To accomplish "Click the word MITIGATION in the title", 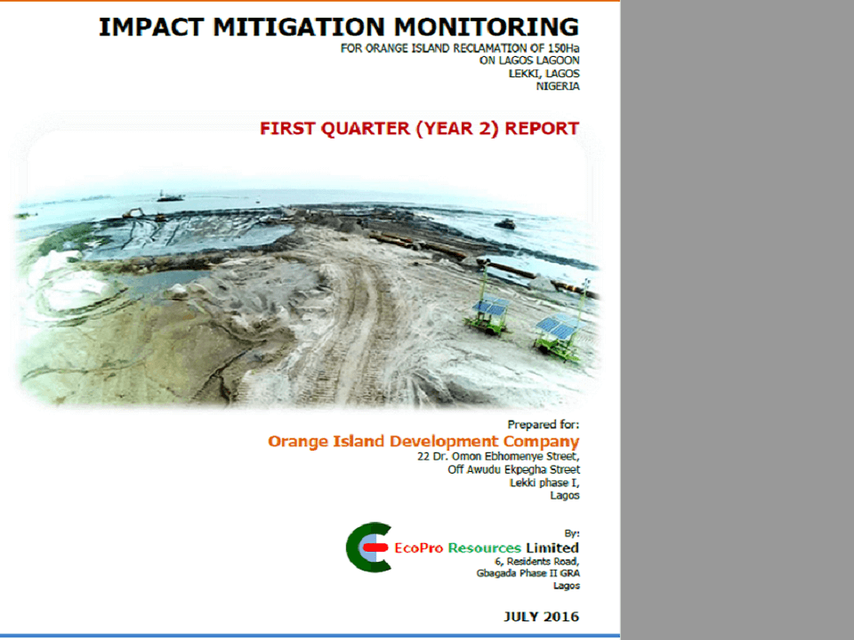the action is [x=299, y=28].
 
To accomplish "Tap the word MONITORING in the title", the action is [x=487, y=28].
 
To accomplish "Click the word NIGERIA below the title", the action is [x=558, y=86].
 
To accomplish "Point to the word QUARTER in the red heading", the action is [x=365, y=128].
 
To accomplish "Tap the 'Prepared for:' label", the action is [x=543, y=425].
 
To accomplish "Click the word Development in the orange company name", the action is [x=444, y=442].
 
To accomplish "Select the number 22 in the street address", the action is [x=423, y=456].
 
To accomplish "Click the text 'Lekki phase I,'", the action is [x=544, y=483].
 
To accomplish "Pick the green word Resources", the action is [x=484, y=548].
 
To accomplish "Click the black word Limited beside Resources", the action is [x=552, y=548].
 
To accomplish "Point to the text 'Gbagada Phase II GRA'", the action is [x=528, y=573].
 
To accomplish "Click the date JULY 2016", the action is [x=541, y=617].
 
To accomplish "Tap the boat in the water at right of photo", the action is [x=505, y=223].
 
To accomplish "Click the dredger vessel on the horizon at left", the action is [x=169, y=196].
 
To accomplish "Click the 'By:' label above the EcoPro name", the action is [x=572, y=533].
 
